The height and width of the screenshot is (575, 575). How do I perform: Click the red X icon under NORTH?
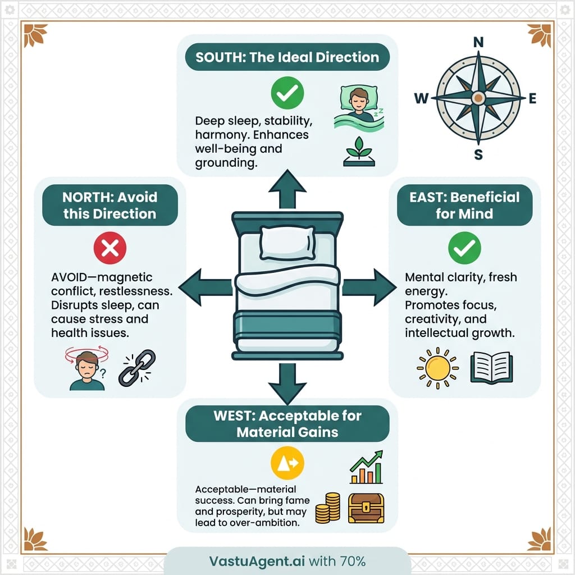110,248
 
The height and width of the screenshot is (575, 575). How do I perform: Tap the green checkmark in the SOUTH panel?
287,93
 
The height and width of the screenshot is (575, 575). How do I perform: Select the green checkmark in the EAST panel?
464,248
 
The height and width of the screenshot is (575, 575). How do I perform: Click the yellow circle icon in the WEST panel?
287,462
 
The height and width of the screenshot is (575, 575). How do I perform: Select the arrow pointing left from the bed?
204,286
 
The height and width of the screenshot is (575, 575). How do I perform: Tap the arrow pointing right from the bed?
369,286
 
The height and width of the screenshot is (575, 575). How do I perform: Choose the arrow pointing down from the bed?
287,383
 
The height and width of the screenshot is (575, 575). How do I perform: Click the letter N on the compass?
478,42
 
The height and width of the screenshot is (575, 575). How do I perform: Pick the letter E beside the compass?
532,99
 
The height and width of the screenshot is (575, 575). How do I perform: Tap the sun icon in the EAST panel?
437,368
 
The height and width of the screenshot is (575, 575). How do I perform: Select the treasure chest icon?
366,508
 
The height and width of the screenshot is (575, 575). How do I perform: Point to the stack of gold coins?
328,508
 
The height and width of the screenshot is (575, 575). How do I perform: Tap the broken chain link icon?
136,368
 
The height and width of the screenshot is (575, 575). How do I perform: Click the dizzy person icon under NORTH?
87,369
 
